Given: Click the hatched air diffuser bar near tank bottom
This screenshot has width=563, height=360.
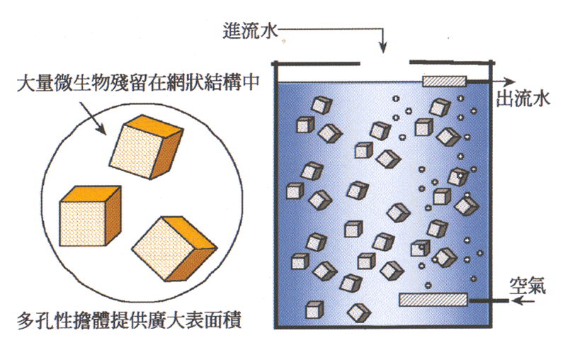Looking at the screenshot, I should (433, 300).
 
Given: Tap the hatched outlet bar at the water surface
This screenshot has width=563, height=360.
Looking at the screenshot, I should (444, 81).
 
